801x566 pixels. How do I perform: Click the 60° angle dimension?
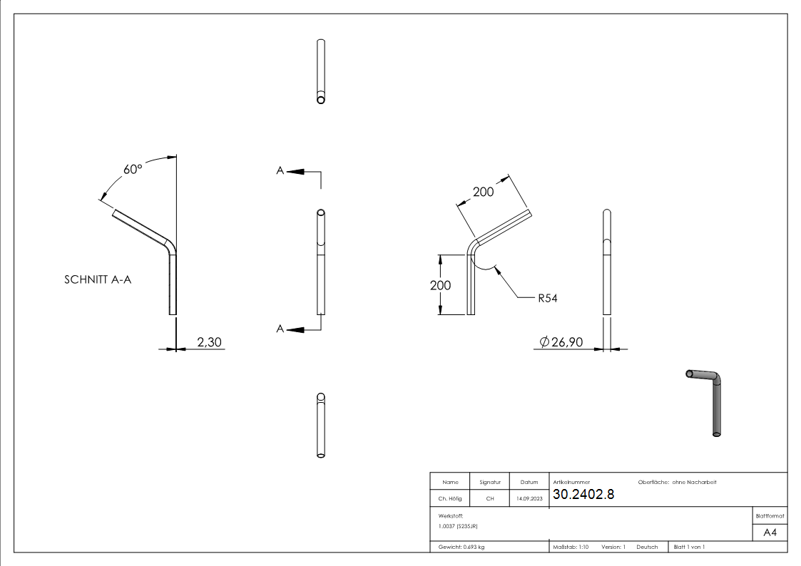pos(133,170)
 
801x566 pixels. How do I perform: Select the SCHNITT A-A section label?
pos(98,280)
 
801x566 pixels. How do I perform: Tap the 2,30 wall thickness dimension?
pos(209,343)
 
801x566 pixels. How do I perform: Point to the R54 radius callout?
pos(547,298)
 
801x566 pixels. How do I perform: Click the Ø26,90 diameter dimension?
pos(561,343)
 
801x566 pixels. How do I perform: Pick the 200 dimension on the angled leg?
pos(484,192)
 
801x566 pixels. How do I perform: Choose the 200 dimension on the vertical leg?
pos(440,285)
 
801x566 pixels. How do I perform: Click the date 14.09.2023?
pos(529,499)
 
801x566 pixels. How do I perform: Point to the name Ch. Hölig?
pos(450,499)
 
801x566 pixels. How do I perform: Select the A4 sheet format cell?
pos(770,532)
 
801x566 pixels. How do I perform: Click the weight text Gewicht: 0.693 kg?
pos(461,547)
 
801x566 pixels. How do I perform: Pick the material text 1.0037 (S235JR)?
pos(458,525)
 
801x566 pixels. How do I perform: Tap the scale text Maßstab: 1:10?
pos(571,547)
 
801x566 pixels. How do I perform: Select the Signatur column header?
pos(490,482)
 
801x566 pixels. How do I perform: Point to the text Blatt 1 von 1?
pos(689,547)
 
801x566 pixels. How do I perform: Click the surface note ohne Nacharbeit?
pos(694,482)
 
